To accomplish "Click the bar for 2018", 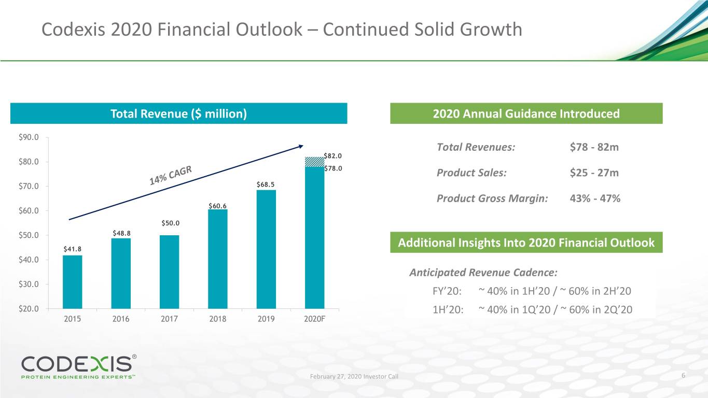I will pos(218,259).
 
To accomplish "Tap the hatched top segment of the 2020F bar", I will pos(314,162).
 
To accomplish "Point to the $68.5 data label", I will pos(266,184).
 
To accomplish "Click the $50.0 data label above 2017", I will pos(170,223).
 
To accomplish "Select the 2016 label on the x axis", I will pos(121,319).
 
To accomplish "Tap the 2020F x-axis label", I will pos(314,319).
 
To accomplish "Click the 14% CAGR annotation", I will pos(171,175).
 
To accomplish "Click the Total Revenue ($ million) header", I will pos(178,113).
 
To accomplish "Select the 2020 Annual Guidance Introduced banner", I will pos(526,113).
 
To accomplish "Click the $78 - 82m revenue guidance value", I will pos(594,147).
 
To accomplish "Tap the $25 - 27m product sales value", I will pos(594,173).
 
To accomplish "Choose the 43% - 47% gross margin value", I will pos(595,198).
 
